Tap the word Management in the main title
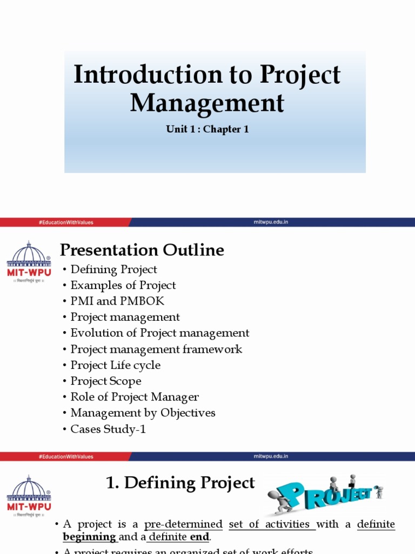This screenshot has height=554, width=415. click(207, 102)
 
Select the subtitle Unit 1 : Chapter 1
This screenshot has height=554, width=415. click(207, 129)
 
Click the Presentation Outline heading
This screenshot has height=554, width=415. click(142, 250)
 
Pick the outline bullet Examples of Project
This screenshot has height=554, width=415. click(123, 285)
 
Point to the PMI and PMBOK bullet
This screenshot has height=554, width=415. click(117, 301)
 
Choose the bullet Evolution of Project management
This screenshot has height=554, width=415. click(160, 333)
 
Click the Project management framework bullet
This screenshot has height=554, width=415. click(156, 349)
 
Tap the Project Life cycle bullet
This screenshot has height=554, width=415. click(115, 365)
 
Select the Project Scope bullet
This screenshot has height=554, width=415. click(106, 381)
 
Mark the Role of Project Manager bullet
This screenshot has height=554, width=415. click(135, 397)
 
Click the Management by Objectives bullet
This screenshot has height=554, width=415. click(143, 413)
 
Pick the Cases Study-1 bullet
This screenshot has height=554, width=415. click(108, 429)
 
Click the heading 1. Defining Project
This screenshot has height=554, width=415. click(180, 483)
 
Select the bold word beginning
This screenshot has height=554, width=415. click(89, 537)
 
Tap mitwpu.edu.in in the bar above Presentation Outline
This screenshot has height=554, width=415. click(271, 222)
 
